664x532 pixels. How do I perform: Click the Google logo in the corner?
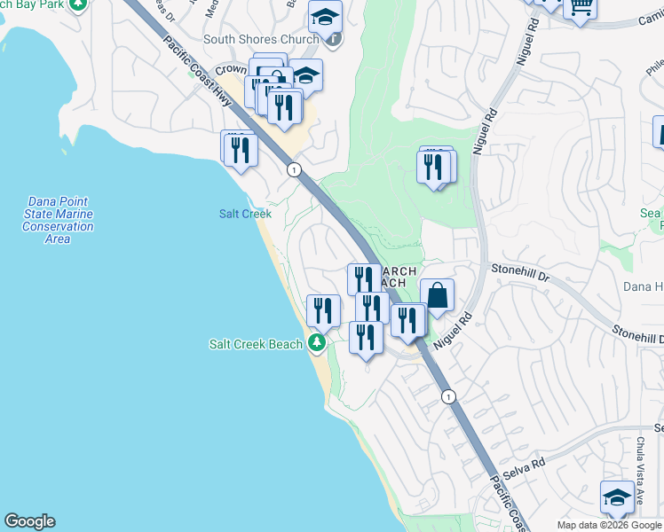point(29,521)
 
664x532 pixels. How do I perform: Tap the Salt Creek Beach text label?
point(256,344)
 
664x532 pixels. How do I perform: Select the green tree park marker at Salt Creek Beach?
point(317,343)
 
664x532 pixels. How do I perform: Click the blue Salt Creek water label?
point(245,214)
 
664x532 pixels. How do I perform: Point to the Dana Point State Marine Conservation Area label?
point(58,220)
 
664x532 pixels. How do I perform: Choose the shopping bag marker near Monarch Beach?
point(437,297)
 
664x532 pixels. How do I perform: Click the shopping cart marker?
point(581,7)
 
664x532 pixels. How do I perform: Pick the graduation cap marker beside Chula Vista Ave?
point(617,497)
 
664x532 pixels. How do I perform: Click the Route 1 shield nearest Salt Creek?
point(292,169)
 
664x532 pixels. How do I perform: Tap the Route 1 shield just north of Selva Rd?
point(449,396)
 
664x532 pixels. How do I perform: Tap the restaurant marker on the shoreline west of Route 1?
point(239,148)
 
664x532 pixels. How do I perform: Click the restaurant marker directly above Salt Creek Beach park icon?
point(323,310)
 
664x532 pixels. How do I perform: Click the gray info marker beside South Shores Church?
point(333,38)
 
